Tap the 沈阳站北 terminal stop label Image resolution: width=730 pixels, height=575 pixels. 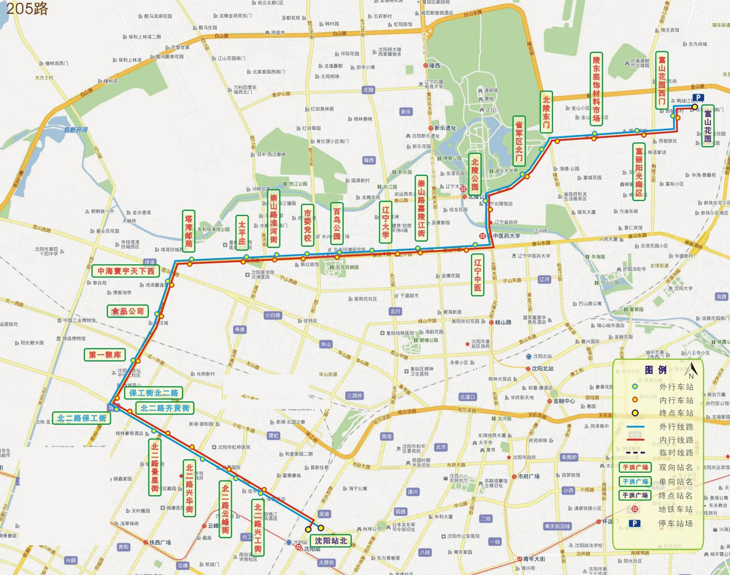tap(331, 541)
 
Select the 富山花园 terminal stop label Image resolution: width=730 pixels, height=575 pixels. tap(707, 126)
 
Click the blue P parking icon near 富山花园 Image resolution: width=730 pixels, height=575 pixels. tap(698, 97)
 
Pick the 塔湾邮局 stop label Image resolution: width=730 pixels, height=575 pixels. tap(189, 231)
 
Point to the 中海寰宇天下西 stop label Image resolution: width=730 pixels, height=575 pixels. tap(126, 271)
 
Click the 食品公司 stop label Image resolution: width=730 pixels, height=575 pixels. tap(127, 311)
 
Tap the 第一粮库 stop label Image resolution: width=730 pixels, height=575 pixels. tap(105, 355)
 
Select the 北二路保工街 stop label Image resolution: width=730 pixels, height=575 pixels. tap(81, 418)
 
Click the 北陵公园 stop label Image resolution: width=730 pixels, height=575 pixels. tap(475, 174)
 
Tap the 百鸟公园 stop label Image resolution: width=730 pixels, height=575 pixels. tap(337, 224)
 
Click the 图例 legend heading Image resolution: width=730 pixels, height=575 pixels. tap(655, 370)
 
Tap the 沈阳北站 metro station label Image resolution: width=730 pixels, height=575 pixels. tap(542, 368)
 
